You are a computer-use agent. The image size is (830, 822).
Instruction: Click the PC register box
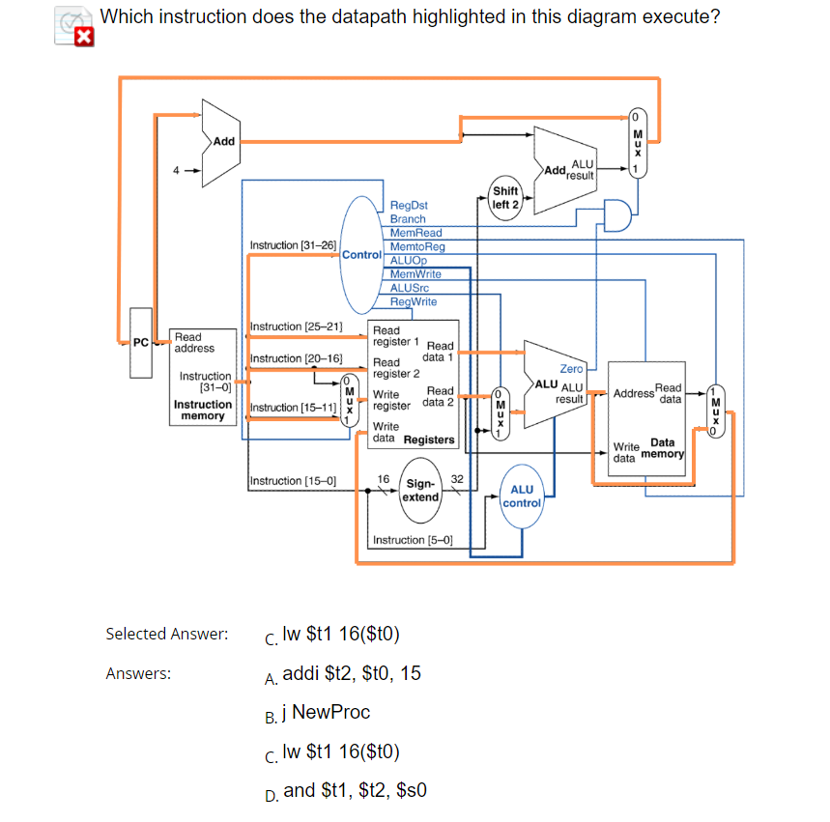pos(141,341)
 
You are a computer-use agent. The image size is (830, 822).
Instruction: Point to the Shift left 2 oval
pos(504,198)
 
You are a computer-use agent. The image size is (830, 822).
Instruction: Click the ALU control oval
pos(523,496)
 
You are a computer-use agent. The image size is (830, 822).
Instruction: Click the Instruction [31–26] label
pos(293,245)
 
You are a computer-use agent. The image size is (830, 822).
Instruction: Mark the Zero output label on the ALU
pos(571,369)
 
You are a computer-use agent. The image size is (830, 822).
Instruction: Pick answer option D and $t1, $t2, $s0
pos(354,790)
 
